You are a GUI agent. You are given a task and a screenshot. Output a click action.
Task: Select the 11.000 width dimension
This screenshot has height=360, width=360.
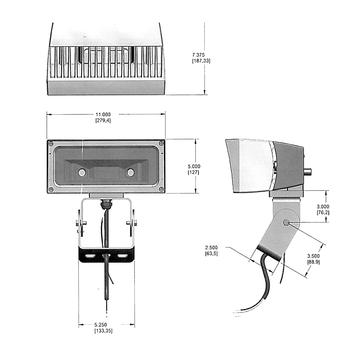click(x=103, y=114)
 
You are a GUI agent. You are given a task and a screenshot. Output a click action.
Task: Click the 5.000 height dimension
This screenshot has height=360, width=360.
click(x=194, y=166)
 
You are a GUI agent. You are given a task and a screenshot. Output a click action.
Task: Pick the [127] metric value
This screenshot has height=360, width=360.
click(x=194, y=172)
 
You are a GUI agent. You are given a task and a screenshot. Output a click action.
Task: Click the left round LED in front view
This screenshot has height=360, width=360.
click(x=82, y=172)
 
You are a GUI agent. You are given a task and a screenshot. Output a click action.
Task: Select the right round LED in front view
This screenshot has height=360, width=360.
click(x=130, y=172)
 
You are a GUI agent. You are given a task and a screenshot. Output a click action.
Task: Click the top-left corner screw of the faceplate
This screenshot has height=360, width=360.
click(x=51, y=143)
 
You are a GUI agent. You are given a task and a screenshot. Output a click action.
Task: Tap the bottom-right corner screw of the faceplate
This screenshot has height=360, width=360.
click(x=161, y=189)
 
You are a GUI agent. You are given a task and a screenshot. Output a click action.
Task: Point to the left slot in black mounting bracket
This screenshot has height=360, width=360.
click(x=90, y=255)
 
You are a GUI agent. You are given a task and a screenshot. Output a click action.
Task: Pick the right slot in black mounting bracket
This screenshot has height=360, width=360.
click(x=122, y=255)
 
